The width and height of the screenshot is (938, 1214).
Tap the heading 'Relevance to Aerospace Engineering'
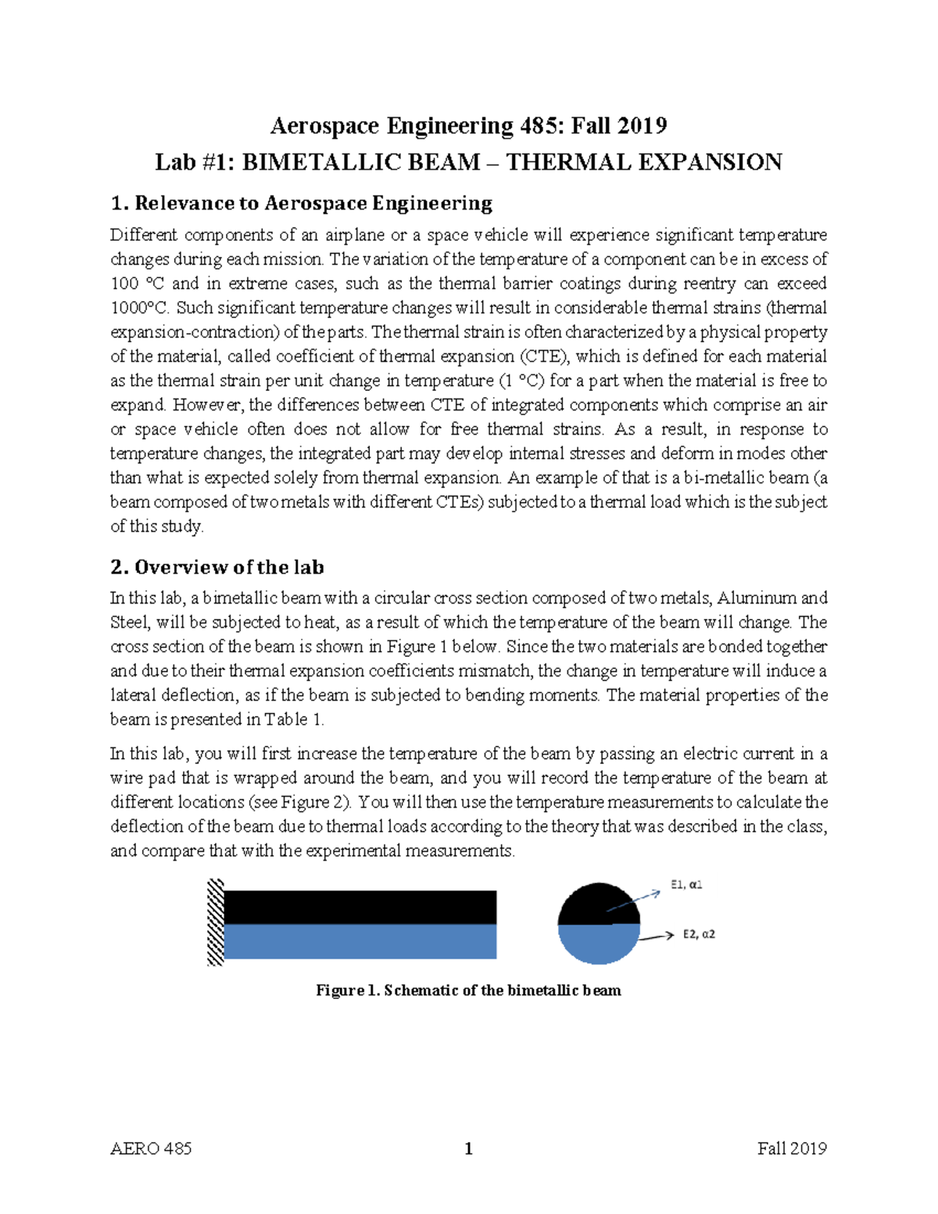coord(313,204)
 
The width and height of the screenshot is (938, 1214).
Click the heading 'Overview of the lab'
coord(228,568)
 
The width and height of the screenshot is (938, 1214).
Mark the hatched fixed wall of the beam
coord(215,923)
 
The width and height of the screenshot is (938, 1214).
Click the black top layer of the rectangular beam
coord(360,908)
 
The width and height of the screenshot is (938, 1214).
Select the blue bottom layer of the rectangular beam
coord(360,942)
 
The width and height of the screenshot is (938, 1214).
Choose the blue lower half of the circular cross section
coord(599,944)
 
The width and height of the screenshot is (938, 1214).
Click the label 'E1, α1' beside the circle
coord(686,885)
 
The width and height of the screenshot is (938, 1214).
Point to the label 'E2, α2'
coord(698,934)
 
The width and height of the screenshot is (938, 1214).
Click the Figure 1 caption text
coord(468,991)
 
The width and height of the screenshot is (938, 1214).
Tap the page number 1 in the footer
coord(468,1149)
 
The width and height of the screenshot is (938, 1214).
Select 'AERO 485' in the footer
coord(151,1149)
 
